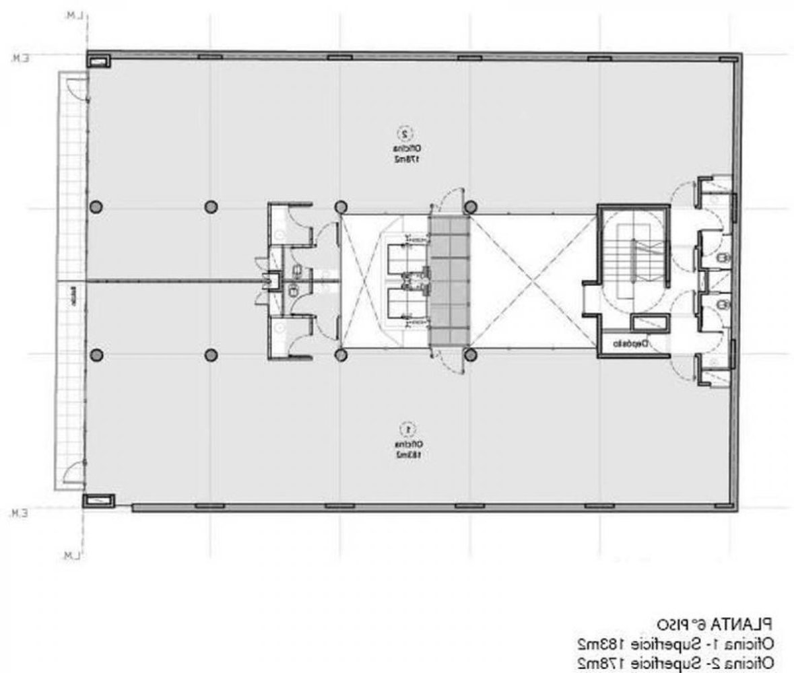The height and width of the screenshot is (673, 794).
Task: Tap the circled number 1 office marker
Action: pos(406,427)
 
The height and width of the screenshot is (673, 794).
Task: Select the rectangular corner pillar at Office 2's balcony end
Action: pos(99,61)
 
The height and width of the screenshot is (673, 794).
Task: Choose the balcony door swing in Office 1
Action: pos(74,475)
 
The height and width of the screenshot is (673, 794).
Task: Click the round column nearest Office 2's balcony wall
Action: pos(96,206)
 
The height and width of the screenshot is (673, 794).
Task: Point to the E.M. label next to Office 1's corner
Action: pos(18,514)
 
